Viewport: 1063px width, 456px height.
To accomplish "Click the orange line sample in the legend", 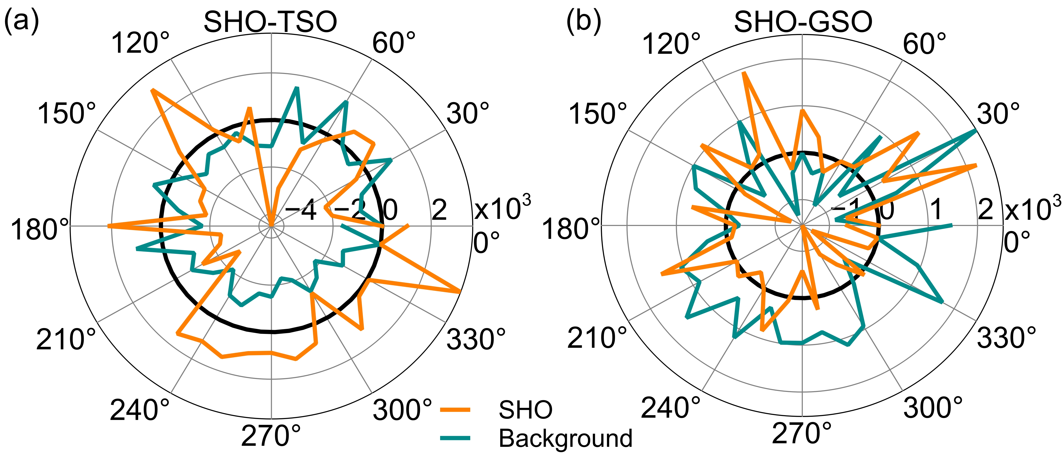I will tap(455, 410).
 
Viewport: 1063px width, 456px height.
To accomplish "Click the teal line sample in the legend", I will tap(455, 438).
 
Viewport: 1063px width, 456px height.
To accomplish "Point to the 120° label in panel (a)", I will tap(140, 43).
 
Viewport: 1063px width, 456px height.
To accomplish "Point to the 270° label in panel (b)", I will tap(802, 434).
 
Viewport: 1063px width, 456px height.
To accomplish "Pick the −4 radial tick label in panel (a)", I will tap(301, 210).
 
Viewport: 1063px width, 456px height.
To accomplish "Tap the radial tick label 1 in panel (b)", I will tap(937, 210).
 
